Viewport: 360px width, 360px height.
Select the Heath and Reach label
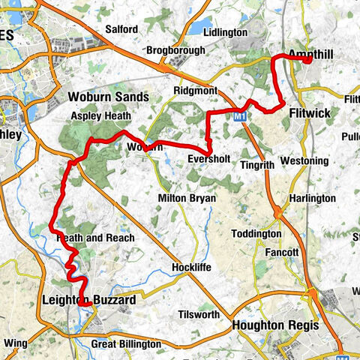[x=95, y=238]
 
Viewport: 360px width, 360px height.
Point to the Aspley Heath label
[x=100, y=116]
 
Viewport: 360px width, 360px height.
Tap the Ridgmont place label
[x=195, y=90]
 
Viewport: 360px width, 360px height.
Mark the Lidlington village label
[x=225, y=33]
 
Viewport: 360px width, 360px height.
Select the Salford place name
[x=121, y=29]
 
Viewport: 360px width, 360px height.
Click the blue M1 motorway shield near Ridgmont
[x=239, y=117]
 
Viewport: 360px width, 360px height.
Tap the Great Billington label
[x=125, y=343]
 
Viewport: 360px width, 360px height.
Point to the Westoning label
[x=304, y=161]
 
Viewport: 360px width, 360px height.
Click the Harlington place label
[x=310, y=198]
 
